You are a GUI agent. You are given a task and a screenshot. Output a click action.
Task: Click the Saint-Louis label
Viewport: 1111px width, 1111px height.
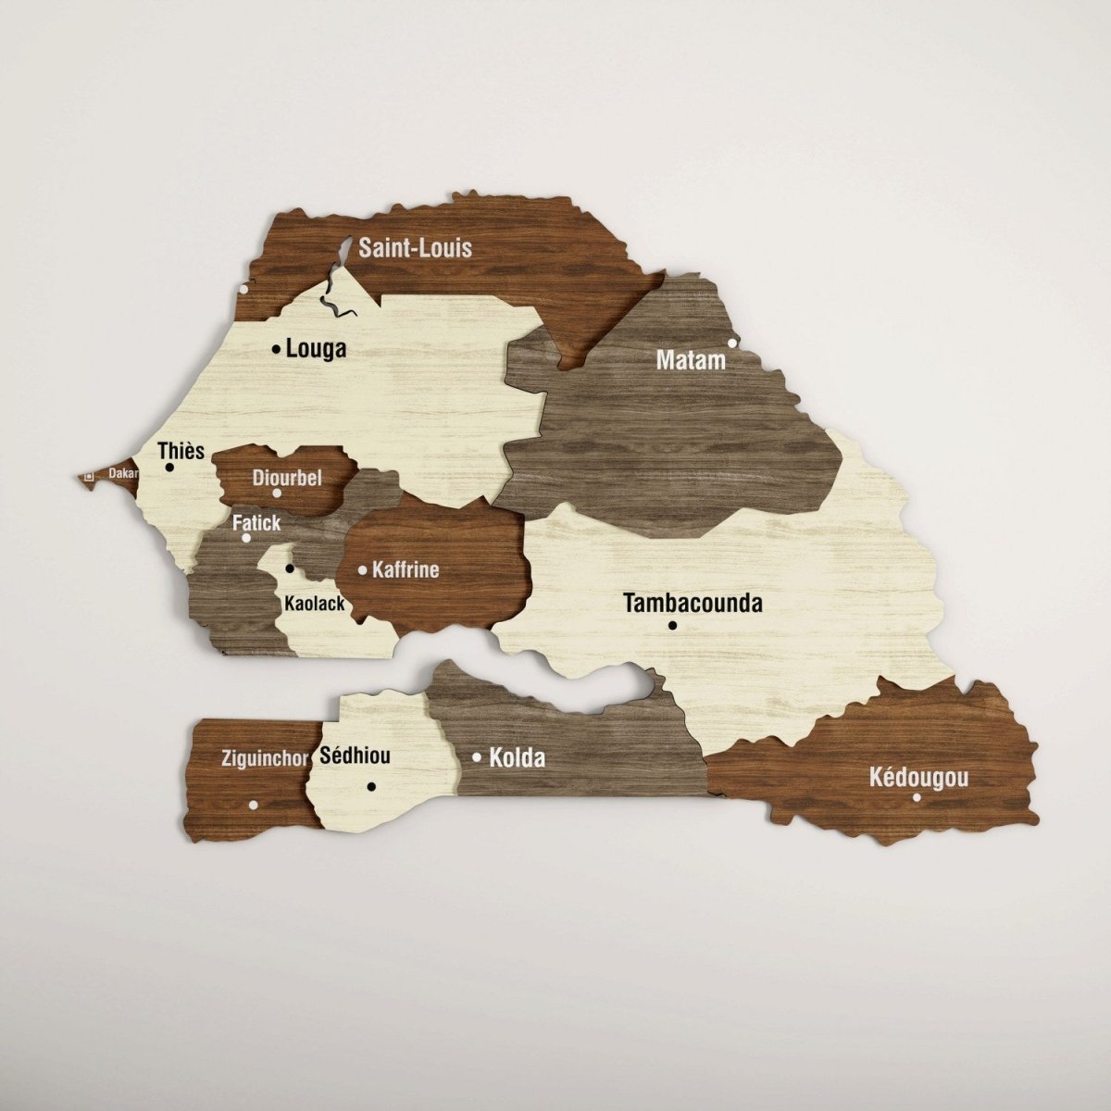(x=416, y=247)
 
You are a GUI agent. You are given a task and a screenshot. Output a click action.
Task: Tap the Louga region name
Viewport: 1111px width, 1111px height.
(x=317, y=349)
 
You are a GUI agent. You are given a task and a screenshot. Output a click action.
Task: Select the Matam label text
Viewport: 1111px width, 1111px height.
(x=691, y=360)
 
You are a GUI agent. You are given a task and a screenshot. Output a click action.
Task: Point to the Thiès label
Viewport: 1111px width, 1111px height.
(x=181, y=451)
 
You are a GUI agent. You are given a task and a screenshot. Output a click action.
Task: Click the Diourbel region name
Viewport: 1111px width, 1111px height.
(x=287, y=478)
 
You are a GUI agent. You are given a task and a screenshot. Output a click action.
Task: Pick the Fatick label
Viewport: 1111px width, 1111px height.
(x=256, y=522)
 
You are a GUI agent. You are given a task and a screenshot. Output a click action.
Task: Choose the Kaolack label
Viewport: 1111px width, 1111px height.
(x=315, y=604)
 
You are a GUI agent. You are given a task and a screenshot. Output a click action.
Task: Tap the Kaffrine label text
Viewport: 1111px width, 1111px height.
(x=406, y=569)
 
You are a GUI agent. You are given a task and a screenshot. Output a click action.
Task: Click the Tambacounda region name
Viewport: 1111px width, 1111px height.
(x=693, y=604)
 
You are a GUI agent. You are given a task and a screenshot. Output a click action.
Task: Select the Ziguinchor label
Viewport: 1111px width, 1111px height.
(x=266, y=758)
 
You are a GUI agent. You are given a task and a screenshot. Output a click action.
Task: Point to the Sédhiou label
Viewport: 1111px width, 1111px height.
(x=355, y=755)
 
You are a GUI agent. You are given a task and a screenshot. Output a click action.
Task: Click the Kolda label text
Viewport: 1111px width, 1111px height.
(x=517, y=758)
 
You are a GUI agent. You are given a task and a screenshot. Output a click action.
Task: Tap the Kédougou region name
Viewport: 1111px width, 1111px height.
(x=919, y=777)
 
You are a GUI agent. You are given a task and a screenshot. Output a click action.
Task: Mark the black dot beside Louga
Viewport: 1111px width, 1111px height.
(x=276, y=349)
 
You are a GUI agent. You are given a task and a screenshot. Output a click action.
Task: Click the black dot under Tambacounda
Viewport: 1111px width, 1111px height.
(x=672, y=626)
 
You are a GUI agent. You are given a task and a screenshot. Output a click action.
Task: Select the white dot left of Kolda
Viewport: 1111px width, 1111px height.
(x=477, y=757)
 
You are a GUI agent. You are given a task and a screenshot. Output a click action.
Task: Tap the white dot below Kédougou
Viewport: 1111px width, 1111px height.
(x=917, y=797)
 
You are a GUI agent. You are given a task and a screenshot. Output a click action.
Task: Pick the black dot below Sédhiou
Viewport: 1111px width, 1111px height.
(x=371, y=786)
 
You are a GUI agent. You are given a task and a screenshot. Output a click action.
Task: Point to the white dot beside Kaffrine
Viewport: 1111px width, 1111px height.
(x=362, y=570)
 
